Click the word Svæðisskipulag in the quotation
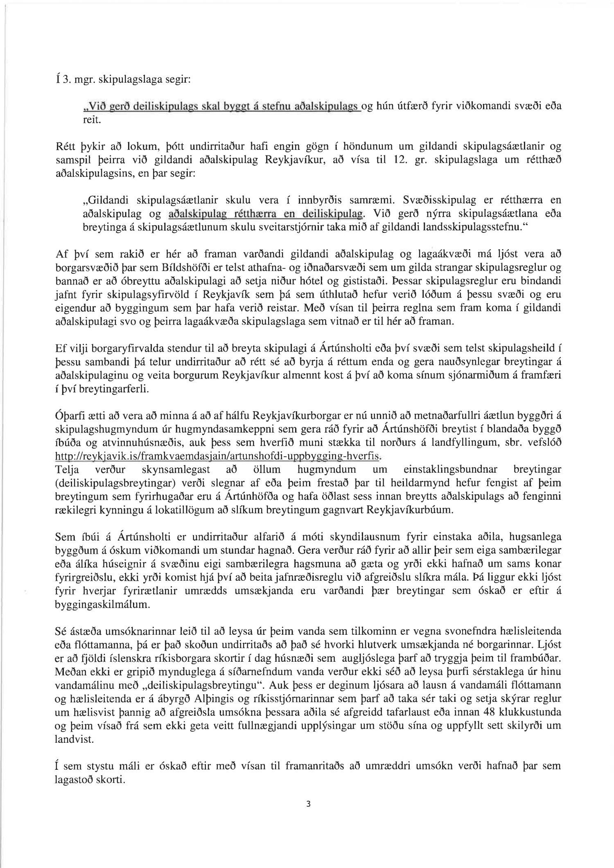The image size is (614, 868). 444,200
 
